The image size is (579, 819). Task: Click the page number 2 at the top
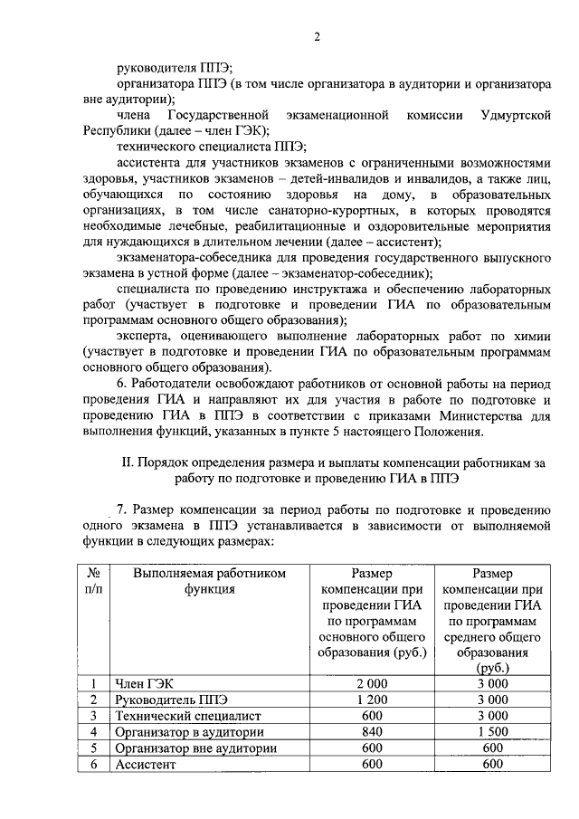point(317,37)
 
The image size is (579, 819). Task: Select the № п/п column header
point(92,581)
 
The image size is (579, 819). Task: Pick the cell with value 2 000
point(372,684)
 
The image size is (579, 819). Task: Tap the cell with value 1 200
point(372,700)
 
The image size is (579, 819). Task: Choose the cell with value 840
point(372,732)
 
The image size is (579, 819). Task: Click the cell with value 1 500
point(492,732)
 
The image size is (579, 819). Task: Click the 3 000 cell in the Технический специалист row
point(492,716)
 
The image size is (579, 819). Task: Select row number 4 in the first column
point(92,732)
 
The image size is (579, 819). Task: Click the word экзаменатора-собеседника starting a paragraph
point(194,257)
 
